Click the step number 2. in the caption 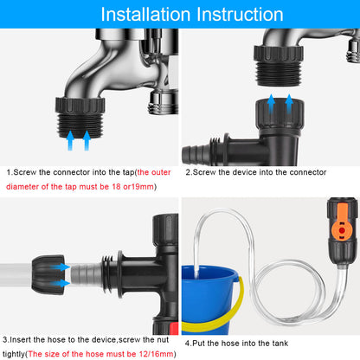tap(188, 171)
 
